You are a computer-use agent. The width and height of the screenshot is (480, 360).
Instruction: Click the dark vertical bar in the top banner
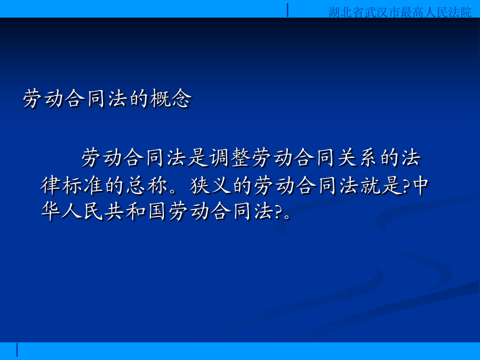tap(287, 10)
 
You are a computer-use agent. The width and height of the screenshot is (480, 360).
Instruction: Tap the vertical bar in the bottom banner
tap(17, 350)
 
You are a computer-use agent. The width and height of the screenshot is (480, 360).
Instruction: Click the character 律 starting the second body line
tap(51, 185)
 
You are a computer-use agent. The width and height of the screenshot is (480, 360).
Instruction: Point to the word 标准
tap(83, 185)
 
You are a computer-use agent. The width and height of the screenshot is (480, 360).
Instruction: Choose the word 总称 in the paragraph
tap(147, 185)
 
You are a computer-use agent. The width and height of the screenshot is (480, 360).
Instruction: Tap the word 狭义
tap(211, 185)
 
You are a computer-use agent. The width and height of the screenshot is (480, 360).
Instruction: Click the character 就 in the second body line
tap(371, 185)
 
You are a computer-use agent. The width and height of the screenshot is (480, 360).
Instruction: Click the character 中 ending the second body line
tap(421, 185)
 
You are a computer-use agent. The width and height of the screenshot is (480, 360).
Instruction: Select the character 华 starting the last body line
tap(51, 211)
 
